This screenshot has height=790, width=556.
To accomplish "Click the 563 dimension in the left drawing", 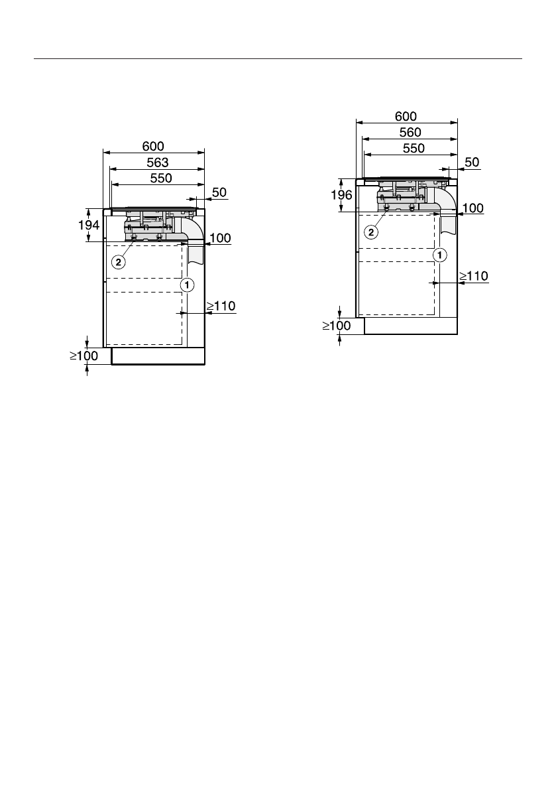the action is point(158,163).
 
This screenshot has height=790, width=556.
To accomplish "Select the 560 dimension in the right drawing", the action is point(410,133).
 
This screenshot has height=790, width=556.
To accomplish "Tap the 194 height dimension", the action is point(89,226).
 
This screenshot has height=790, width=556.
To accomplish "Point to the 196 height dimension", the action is point(342,195).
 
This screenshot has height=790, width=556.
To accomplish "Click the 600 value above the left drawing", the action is point(153,146).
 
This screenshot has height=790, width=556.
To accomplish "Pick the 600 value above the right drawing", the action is point(406,116).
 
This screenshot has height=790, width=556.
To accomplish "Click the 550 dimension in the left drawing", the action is point(161,178).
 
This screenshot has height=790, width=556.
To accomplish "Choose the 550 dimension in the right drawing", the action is point(414,148).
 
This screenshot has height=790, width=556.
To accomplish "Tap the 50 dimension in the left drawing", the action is point(219,192).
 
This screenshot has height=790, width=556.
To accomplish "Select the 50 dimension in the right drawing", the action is point(472,163).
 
